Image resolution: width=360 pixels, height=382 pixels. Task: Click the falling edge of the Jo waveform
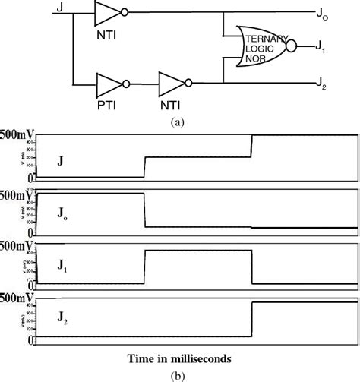(144, 210)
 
